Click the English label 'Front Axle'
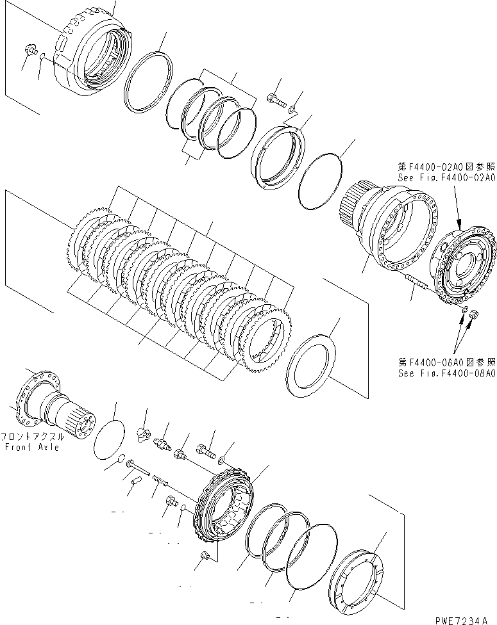tap(31, 447)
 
